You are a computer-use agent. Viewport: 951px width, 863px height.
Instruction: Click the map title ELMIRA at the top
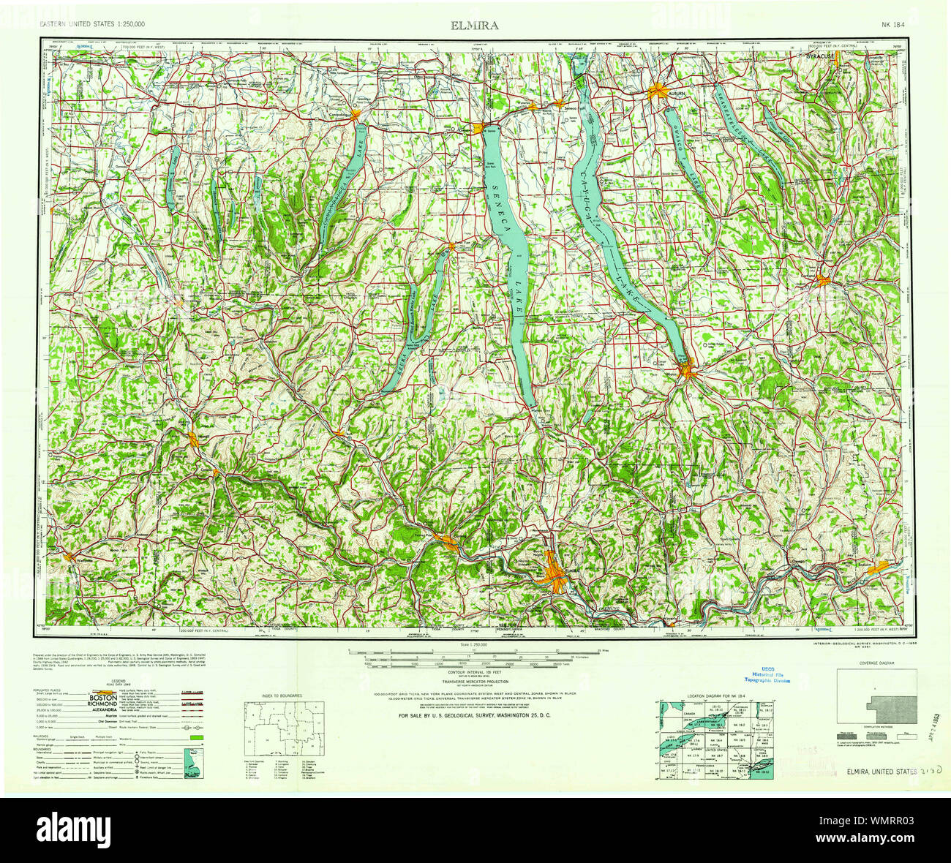point(475,26)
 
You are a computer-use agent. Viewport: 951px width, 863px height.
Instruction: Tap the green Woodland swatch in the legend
point(195,739)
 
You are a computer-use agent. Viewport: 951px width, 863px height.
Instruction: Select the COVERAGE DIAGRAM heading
point(876,662)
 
